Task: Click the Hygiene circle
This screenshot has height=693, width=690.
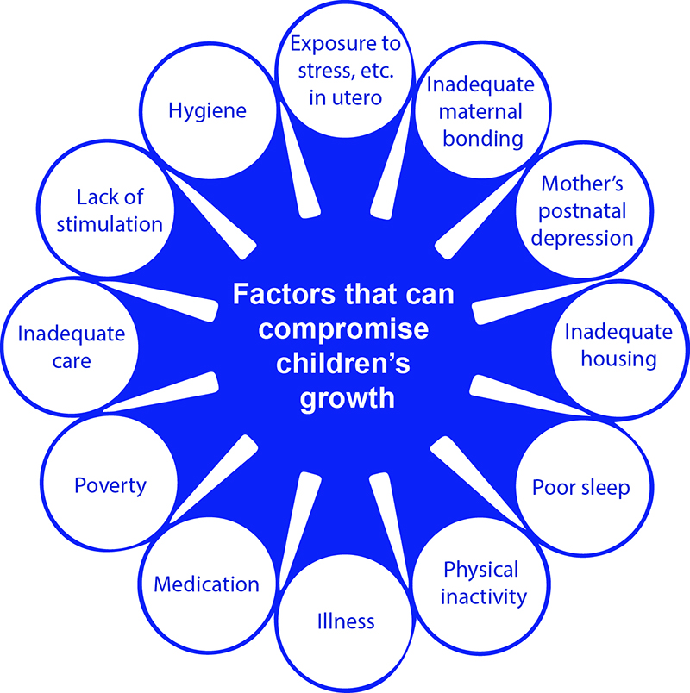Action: coord(207,111)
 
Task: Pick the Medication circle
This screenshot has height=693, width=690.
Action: coord(207,584)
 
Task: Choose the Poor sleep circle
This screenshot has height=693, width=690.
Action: coord(580,487)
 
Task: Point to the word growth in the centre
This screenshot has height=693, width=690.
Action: coord(345,399)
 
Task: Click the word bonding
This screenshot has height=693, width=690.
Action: coord(483,138)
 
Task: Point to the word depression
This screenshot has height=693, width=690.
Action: coord(583,237)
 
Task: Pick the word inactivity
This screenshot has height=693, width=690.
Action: coord(481,596)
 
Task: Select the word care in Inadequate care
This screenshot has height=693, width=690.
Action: coord(72,361)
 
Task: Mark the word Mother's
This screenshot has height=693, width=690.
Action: coord(583,184)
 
